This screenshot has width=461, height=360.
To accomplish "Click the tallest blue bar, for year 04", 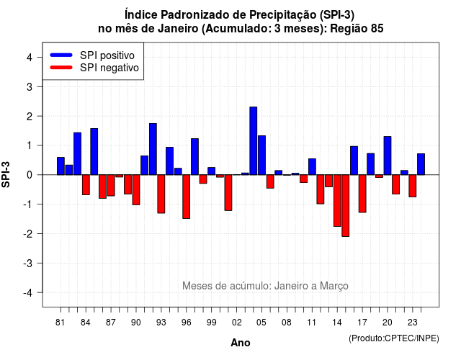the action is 253,141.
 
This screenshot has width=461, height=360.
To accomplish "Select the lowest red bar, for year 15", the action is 346,205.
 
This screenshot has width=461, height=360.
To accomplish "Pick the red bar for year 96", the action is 186,197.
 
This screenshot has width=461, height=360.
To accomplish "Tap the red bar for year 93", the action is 161,194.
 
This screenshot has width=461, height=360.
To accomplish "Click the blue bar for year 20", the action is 388,156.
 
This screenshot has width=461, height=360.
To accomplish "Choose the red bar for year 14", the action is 337,200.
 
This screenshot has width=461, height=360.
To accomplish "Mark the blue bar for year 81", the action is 61,166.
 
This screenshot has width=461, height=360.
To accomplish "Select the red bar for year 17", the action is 362,194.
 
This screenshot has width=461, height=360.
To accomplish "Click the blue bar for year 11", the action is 312,166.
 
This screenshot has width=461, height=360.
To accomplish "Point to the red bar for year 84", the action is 86,184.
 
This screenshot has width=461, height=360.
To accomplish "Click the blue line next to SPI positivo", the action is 61,55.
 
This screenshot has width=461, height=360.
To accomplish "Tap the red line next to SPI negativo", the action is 61,68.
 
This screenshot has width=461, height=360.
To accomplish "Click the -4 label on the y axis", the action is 29,293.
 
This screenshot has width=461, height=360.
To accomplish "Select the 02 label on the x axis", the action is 237,323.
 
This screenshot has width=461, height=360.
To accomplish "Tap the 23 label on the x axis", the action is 413,323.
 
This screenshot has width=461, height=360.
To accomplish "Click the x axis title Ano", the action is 241,343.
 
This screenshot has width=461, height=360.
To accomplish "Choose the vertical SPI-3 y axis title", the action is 6,174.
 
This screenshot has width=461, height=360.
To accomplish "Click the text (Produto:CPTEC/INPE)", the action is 394,338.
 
